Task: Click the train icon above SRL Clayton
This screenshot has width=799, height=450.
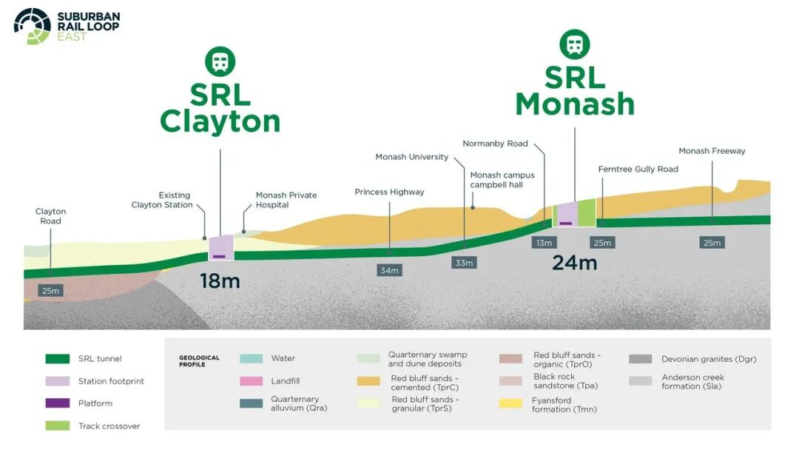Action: [x=220, y=61]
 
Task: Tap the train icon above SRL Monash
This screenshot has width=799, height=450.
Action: [x=575, y=44]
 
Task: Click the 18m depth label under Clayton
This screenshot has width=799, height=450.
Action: [x=220, y=281]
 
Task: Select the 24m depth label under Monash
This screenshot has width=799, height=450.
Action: [x=574, y=263]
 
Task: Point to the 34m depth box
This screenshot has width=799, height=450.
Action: [x=389, y=270]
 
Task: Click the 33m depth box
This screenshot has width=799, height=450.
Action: [x=464, y=263]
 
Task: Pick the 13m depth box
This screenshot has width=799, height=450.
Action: [x=544, y=243]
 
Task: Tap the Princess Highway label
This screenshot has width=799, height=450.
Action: [x=389, y=192]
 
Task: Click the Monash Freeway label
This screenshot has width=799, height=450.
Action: [x=712, y=151]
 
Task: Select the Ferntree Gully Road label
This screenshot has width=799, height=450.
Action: [x=638, y=169]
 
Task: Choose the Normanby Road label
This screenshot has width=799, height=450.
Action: [x=495, y=144]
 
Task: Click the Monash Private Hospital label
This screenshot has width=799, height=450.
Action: [x=286, y=200]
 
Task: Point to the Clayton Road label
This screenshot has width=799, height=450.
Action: [x=50, y=216]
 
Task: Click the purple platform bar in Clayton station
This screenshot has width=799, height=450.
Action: [x=219, y=256]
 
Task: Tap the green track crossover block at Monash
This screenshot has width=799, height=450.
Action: [x=587, y=213]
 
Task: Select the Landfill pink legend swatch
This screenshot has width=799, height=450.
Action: [x=252, y=380]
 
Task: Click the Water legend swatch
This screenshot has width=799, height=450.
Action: [x=252, y=358]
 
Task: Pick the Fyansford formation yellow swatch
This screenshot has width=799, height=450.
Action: [x=510, y=404]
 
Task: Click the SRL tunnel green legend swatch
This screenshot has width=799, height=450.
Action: [x=58, y=359]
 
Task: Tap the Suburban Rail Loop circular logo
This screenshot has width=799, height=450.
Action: [x=32, y=26]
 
